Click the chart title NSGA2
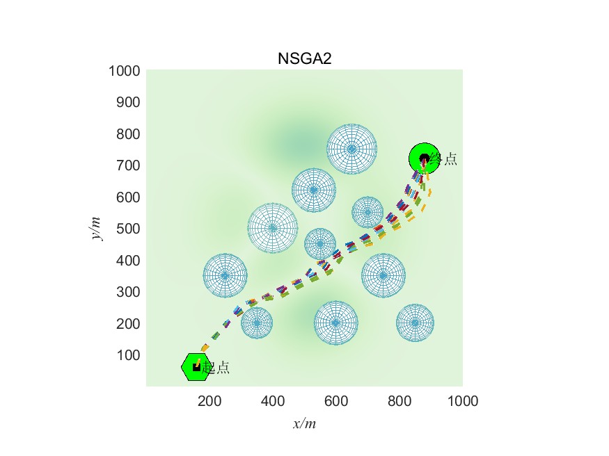coord(304,58)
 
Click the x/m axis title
coord(304,423)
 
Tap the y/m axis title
coord(97,228)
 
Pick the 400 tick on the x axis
coord(273,400)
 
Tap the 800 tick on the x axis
coord(400,400)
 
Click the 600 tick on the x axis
coord(336,400)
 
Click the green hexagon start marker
coord(195,367)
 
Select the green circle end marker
coord(422,158)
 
